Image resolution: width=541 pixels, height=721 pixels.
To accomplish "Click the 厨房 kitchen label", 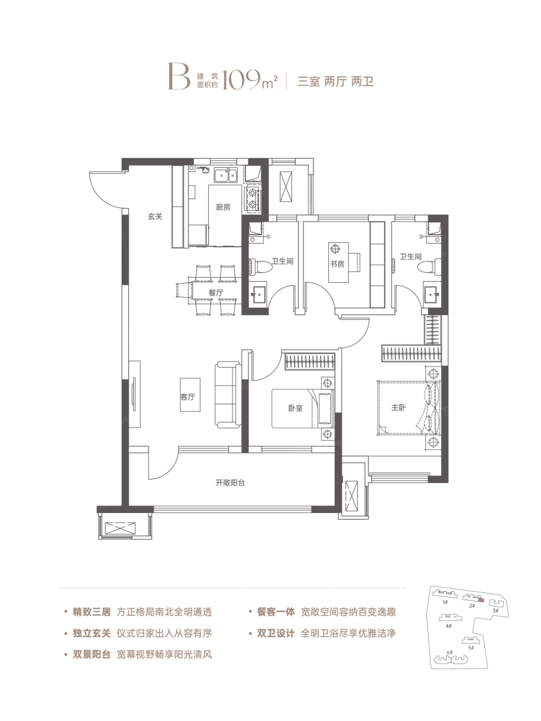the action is point(223,207).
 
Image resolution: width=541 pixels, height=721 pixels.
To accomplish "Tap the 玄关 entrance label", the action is point(155,216).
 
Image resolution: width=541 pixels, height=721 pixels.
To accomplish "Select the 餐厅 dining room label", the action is point(216,293).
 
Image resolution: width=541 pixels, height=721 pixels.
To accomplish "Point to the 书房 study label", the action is point(337,264).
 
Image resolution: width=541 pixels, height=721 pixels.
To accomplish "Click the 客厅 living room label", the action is point(188,397).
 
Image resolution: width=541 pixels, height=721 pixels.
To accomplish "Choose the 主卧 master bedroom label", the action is point(398,407).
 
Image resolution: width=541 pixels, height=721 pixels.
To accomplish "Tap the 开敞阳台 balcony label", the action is point(230,483).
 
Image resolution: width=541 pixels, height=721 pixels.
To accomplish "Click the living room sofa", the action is point(228,394).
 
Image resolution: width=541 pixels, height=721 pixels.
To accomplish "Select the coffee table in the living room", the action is point(190,394).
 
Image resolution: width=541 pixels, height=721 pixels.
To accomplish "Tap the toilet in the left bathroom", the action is point(261,266).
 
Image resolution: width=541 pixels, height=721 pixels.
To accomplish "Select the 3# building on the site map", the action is point(495,603).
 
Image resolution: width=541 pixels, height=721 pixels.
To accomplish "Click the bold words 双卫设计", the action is point(276,633).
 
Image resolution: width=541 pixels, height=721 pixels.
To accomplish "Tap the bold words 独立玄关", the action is point(92,633).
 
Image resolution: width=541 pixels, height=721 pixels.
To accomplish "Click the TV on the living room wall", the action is point(134,394).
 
